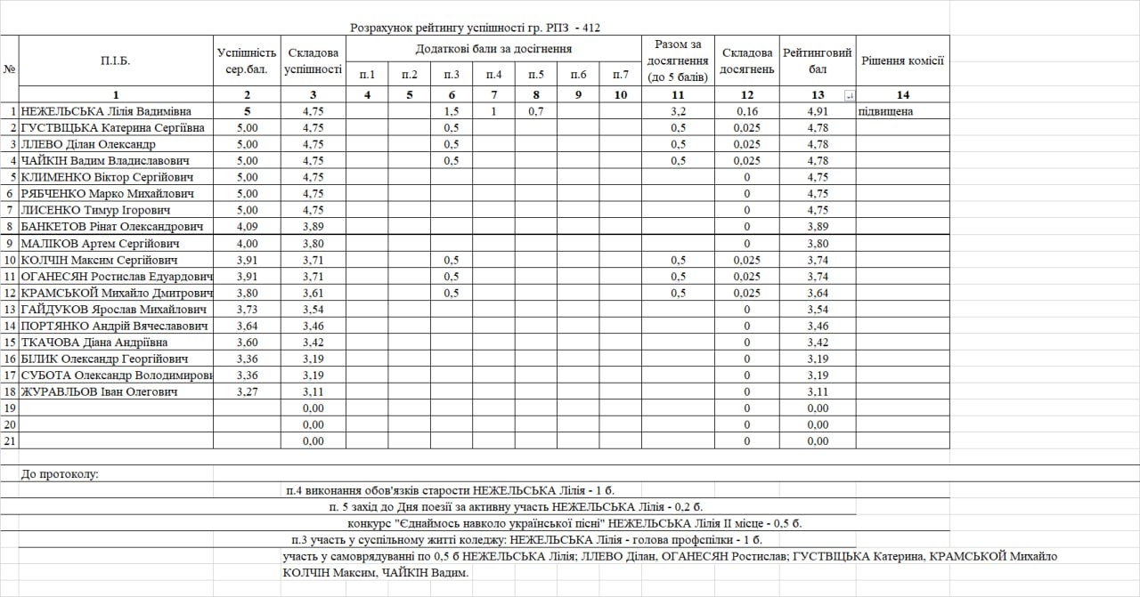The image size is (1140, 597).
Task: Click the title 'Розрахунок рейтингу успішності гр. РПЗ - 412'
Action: [x=475, y=28]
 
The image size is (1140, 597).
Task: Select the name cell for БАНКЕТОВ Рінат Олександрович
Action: [x=116, y=227]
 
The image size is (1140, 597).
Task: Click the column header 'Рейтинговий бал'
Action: [x=818, y=61]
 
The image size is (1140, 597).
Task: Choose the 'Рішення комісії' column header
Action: [x=902, y=61]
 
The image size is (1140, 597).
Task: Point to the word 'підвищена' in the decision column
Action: [x=886, y=111]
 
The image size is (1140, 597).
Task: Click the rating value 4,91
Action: [x=818, y=111]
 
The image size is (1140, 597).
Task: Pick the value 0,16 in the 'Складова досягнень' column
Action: [x=746, y=111]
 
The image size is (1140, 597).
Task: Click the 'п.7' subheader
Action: [x=620, y=75]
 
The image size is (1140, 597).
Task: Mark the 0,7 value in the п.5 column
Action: [x=536, y=111]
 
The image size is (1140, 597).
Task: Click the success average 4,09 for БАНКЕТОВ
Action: [x=247, y=227]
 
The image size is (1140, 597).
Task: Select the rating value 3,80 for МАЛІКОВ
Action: [x=818, y=243]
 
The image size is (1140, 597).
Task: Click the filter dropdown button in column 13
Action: [x=849, y=95]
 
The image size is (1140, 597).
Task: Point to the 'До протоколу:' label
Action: [x=60, y=474]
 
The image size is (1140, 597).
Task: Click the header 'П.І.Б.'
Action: [x=116, y=61]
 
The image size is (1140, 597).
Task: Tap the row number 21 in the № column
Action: [x=10, y=440]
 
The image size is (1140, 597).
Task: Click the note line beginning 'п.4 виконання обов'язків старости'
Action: [x=451, y=490]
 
